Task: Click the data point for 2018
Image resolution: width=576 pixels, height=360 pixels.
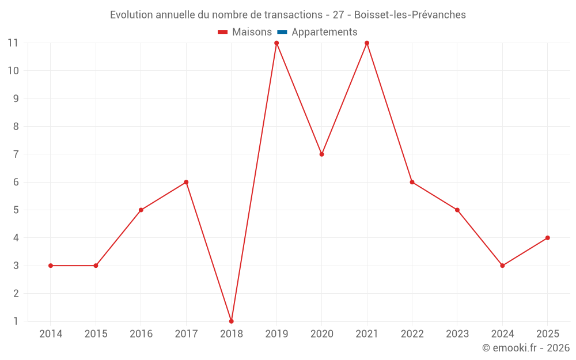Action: click(231, 321)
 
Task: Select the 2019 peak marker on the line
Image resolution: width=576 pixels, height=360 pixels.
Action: click(276, 43)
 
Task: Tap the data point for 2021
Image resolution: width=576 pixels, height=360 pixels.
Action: click(367, 43)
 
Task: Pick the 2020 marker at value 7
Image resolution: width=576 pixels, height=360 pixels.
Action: click(321, 154)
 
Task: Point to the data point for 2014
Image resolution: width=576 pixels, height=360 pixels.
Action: click(51, 266)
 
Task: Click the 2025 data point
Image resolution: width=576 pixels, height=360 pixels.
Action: click(547, 238)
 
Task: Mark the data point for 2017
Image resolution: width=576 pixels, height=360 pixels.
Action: click(186, 182)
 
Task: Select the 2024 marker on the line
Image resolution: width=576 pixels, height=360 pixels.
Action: click(502, 266)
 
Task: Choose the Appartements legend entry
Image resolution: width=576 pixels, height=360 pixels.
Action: click(324, 32)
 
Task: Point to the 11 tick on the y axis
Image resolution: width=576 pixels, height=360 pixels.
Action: click(13, 43)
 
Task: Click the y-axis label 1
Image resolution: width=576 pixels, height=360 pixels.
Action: click(16, 321)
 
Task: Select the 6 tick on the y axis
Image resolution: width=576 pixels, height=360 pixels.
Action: click(16, 182)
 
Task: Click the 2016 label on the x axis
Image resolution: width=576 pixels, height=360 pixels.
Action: click(141, 334)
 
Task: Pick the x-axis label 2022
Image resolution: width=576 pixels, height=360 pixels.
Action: click(412, 334)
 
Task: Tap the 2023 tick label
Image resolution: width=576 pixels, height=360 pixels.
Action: click(457, 334)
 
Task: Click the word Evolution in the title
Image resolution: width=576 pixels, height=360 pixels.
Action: click(131, 15)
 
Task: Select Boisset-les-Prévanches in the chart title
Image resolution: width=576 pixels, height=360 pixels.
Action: click(410, 15)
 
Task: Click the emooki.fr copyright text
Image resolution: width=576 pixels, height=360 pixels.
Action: click(526, 348)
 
